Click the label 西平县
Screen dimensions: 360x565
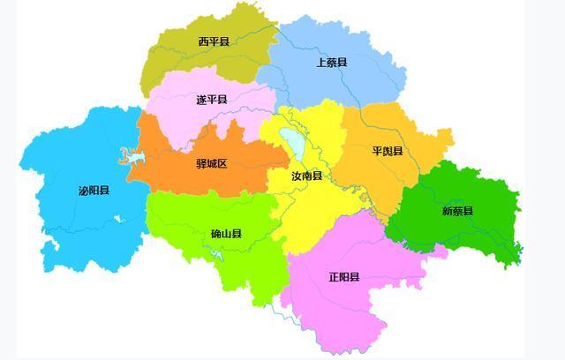213,41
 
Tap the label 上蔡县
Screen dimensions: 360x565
331,63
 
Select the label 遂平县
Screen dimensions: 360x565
211,100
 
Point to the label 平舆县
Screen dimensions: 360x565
387,151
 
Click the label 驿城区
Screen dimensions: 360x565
211,164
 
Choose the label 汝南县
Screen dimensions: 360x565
306,176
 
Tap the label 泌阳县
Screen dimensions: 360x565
94,191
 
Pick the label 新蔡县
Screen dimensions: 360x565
457,211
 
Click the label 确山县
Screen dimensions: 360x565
226,234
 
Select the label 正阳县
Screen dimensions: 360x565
343,277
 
